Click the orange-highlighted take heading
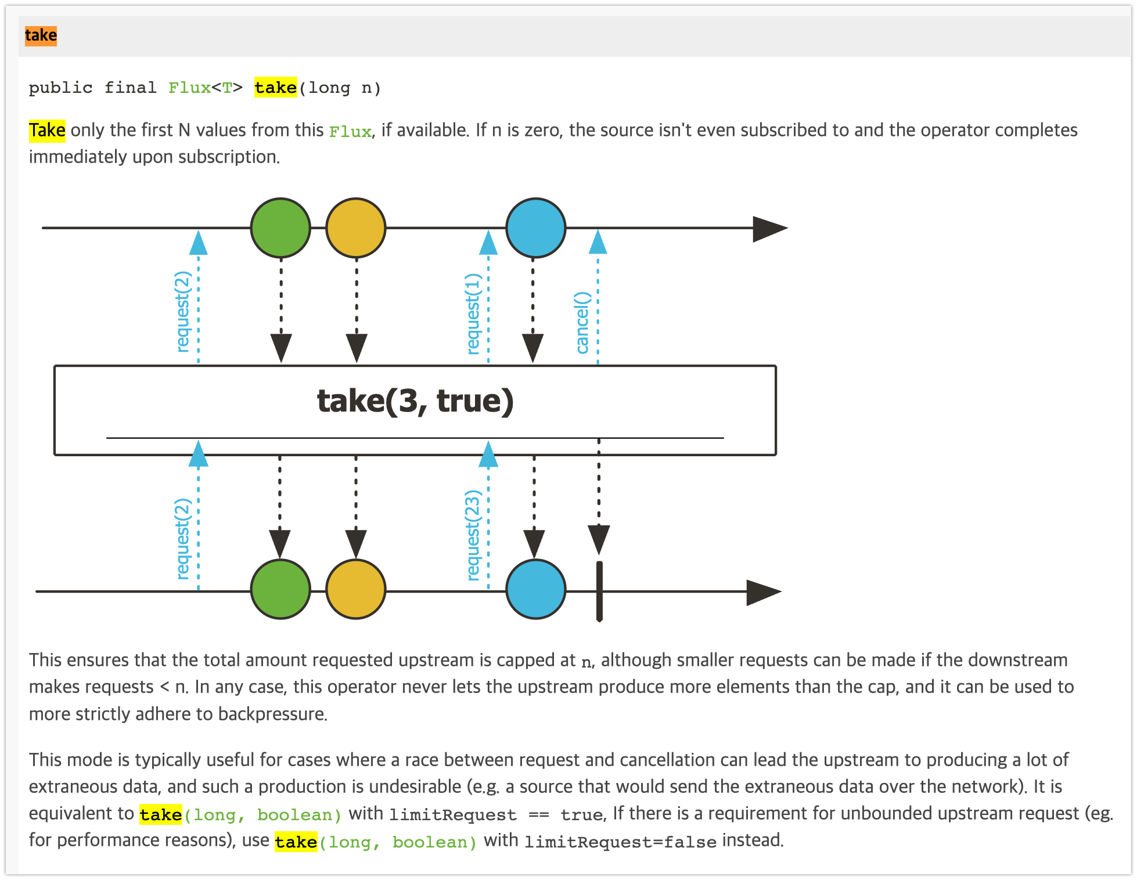(x=41, y=35)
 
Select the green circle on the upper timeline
(x=280, y=228)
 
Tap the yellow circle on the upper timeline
(x=356, y=228)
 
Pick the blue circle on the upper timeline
(x=535, y=228)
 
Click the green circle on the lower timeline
(x=280, y=589)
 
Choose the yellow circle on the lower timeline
(x=356, y=589)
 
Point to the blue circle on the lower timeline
(x=535, y=589)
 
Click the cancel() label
(x=582, y=323)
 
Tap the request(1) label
(x=474, y=313)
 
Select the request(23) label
(x=474, y=535)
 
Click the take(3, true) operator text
(x=415, y=401)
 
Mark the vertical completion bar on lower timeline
(x=599, y=591)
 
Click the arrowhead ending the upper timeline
(x=769, y=228)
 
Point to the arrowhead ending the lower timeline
(x=763, y=592)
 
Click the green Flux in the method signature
(x=189, y=88)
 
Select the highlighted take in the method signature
(x=275, y=88)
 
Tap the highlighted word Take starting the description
(x=47, y=130)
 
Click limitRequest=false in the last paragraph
(x=620, y=842)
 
